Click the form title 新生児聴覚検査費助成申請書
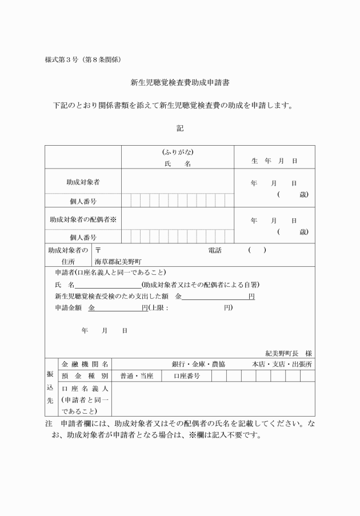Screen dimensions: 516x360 pyautogui.click(x=180, y=83)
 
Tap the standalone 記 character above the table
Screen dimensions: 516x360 pyautogui.click(x=180, y=129)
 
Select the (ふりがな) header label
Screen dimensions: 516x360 pyautogui.click(x=178, y=152)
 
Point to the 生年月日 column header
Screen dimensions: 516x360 pyautogui.click(x=274, y=161)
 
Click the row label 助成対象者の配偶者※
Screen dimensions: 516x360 pyautogui.click(x=83, y=219)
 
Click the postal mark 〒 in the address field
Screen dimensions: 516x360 pyautogui.click(x=98, y=250)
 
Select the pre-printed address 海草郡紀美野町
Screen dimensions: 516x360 pyautogui.click(x=121, y=261)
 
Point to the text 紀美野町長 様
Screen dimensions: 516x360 pyautogui.click(x=288, y=353)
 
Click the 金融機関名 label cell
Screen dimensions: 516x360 pyautogui.click(x=85, y=364)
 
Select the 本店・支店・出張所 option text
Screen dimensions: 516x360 pyautogui.click(x=282, y=364)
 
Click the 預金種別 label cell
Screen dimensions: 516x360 pyautogui.click(x=85, y=376)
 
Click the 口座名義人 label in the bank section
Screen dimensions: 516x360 pyautogui.click(x=85, y=389)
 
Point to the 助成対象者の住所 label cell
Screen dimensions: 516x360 pyautogui.click(x=69, y=255)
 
